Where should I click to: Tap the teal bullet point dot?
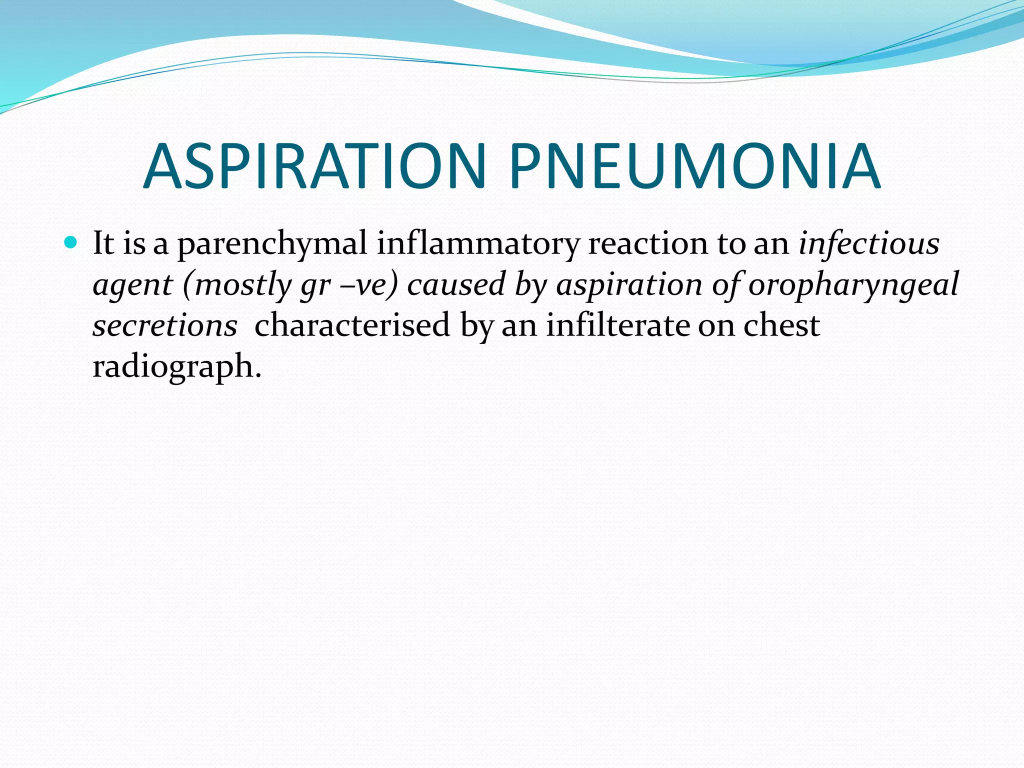tap(71, 243)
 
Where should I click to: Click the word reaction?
tap(648, 244)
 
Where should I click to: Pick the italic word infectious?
tap(869, 244)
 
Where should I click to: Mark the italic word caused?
tap(456, 285)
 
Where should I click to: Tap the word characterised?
tap(352, 326)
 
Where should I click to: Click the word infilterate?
tap(617, 326)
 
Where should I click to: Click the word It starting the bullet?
tap(104, 244)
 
